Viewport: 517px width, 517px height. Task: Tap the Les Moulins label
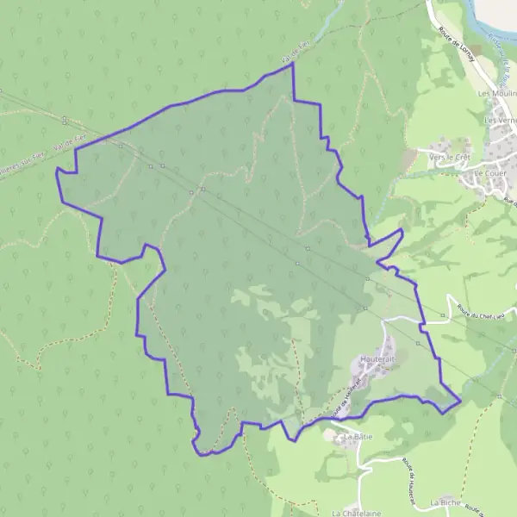tap(497, 93)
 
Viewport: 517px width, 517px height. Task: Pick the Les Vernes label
tap(501, 120)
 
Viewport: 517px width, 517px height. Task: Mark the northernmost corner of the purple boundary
tap(293, 63)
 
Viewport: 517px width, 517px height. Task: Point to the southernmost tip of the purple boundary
tap(201, 455)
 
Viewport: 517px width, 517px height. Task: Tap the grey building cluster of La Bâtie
tap(334, 436)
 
